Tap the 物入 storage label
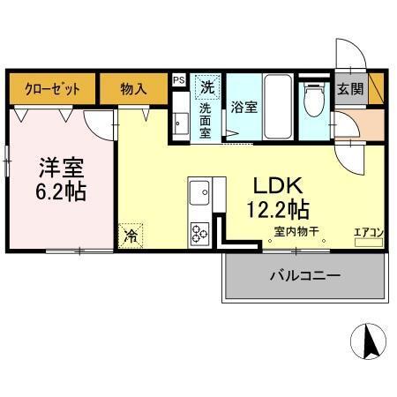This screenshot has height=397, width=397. click(133, 87)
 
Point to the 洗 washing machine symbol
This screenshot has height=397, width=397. click(207, 86)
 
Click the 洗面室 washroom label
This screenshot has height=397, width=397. click(205, 120)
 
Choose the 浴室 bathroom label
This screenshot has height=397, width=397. click(243, 108)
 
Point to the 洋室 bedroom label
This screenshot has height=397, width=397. click(60, 166)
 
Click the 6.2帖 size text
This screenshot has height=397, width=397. click(60, 191)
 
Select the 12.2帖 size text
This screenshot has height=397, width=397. click(278, 209)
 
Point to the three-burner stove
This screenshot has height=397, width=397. click(198, 233)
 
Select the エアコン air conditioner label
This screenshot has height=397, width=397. click(368, 232)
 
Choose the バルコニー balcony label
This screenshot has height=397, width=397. click(304, 275)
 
